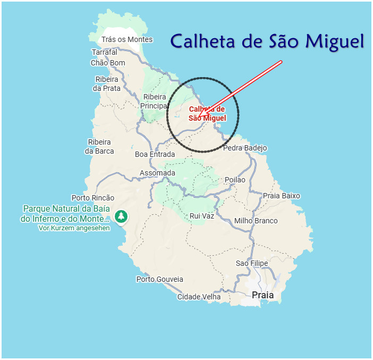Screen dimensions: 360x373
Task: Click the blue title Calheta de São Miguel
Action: [267, 41]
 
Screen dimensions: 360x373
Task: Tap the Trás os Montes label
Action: [127, 39]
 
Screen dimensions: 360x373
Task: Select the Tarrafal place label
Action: [104, 52]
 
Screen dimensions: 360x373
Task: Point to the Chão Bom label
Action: [108, 63]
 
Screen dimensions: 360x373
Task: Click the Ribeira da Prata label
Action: [107, 84]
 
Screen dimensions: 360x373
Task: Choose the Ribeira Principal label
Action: [155, 101]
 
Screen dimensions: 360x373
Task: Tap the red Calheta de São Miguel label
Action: [207, 113]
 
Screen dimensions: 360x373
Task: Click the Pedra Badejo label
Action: [245, 148]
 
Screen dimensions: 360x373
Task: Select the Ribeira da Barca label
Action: [99, 146]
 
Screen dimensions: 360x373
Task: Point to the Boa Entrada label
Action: [155, 154]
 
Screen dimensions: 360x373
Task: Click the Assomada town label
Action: [157, 173]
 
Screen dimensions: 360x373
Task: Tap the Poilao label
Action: [235, 180]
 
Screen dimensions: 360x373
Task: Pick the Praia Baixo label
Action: [282, 196]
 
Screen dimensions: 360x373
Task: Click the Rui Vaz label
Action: [202, 216]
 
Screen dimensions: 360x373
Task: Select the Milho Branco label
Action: [256, 221]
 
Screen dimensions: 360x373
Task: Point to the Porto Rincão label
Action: [93, 198]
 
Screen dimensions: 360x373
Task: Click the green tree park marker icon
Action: [122, 216]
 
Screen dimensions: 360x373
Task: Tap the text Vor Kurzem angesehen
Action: [74, 228]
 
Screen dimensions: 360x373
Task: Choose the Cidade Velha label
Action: [199, 297]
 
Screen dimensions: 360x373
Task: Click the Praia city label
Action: [263, 295]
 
